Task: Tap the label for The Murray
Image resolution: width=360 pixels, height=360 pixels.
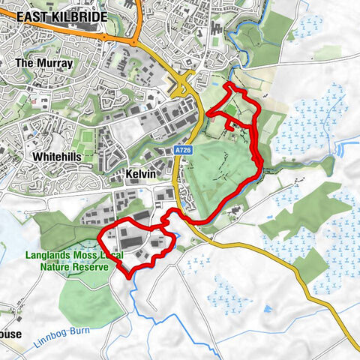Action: [x=44, y=64]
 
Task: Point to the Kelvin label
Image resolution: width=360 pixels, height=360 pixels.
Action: [x=140, y=174]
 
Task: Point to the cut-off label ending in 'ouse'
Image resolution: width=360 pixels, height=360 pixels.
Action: [x=10, y=334]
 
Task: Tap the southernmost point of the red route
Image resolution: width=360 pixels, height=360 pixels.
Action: [x=132, y=277]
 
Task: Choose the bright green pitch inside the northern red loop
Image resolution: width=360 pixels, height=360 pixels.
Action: [x=232, y=110]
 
